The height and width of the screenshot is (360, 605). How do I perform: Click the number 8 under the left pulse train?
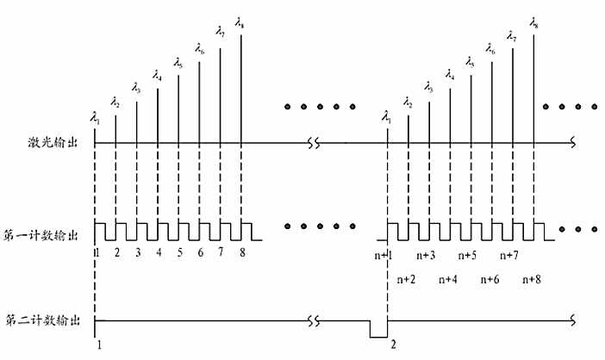242,253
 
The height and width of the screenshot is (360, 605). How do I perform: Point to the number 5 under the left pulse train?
180,253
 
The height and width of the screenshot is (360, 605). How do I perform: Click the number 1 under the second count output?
99,344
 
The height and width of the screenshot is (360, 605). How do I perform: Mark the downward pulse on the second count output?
377,330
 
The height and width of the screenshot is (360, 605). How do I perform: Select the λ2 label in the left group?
116,103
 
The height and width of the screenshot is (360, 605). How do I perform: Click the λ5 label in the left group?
178,62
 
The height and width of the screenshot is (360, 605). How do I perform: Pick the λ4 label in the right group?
450,76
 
